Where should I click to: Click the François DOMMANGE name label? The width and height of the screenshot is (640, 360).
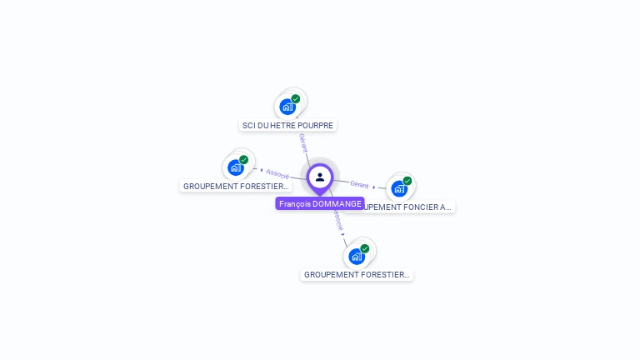pyautogui.click(x=320, y=203)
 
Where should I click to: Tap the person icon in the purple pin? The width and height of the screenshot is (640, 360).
pyautogui.click(x=320, y=177)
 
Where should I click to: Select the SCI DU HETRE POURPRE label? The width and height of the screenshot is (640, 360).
pyautogui.click(x=287, y=125)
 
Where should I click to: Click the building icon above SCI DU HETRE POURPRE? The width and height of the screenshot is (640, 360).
pyautogui.click(x=287, y=107)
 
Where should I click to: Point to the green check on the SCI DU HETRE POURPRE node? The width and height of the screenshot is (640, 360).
pyautogui.click(x=296, y=98)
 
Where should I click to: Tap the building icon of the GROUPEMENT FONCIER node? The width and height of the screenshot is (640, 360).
pyautogui.click(x=399, y=188)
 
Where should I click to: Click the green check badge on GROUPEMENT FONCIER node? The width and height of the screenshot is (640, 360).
pyautogui.click(x=407, y=181)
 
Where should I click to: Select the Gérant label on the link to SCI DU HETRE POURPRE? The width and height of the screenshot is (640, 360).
pyautogui.click(x=302, y=142)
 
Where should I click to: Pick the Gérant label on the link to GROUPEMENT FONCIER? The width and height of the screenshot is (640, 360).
pyautogui.click(x=359, y=184)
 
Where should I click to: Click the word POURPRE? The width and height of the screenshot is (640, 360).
pyautogui.click(x=316, y=125)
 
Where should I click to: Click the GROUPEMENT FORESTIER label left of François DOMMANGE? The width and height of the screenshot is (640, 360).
pyautogui.click(x=236, y=186)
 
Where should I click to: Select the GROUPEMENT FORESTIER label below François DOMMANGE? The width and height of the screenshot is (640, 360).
pyautogui.click(x=357, y=274)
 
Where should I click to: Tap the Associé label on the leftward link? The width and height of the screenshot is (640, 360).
pyautogui.click(x=277, y=173)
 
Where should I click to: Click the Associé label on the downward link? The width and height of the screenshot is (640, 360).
pyautogui.click(x=337, y=220)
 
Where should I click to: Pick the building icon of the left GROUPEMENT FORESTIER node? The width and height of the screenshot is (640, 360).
pyautogui.click(x=236, y=167)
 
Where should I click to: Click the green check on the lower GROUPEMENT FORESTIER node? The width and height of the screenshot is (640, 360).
pyautogui.click(x=365, y=248)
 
